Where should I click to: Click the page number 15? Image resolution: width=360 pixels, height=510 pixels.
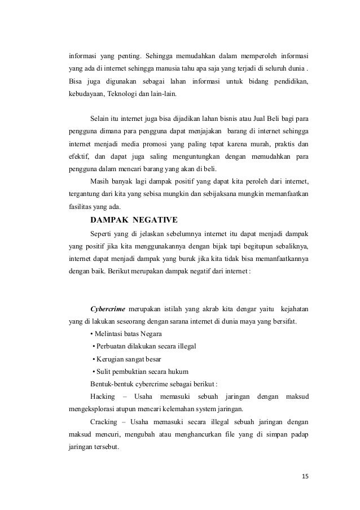(x=305, y=476)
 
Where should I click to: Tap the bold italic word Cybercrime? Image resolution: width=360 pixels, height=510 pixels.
(x=108, y=308)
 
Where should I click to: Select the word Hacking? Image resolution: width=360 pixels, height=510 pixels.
(x=102, y=396)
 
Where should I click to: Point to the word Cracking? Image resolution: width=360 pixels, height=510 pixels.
(x=103, y=421)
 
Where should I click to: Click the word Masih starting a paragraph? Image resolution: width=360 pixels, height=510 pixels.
(x=99, y=181)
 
